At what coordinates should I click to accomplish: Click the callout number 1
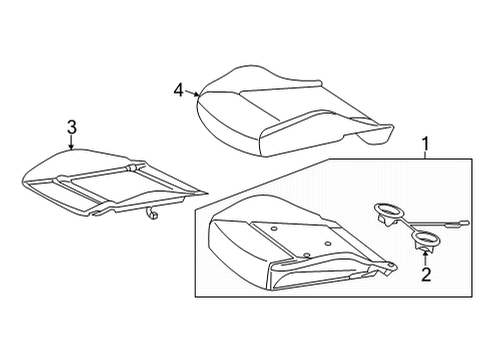coord(425,144)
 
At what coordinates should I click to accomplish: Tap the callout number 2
coord(426,274)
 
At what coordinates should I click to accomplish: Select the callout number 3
coord(72,127)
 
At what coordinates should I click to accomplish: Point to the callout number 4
coord(179,90)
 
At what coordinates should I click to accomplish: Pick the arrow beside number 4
coord(192,93)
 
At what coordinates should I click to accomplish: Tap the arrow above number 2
coord(425,258)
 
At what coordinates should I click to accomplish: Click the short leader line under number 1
coord(425,155)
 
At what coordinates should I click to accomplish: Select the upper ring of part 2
coord(389,211)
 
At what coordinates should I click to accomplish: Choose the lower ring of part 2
coord(425,238)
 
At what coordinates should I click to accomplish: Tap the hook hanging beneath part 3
coord(151,214)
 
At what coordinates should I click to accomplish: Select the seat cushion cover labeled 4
coord(293,111)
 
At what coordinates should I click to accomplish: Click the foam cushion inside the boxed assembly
coord(300,243)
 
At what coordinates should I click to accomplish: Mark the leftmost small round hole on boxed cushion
coord(274,229)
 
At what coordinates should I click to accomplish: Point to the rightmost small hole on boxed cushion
coord(328,244)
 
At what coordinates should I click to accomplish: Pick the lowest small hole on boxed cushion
coord(307,255)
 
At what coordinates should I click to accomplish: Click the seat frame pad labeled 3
coord(113,183)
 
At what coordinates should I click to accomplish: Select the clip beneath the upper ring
coord(385,220)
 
